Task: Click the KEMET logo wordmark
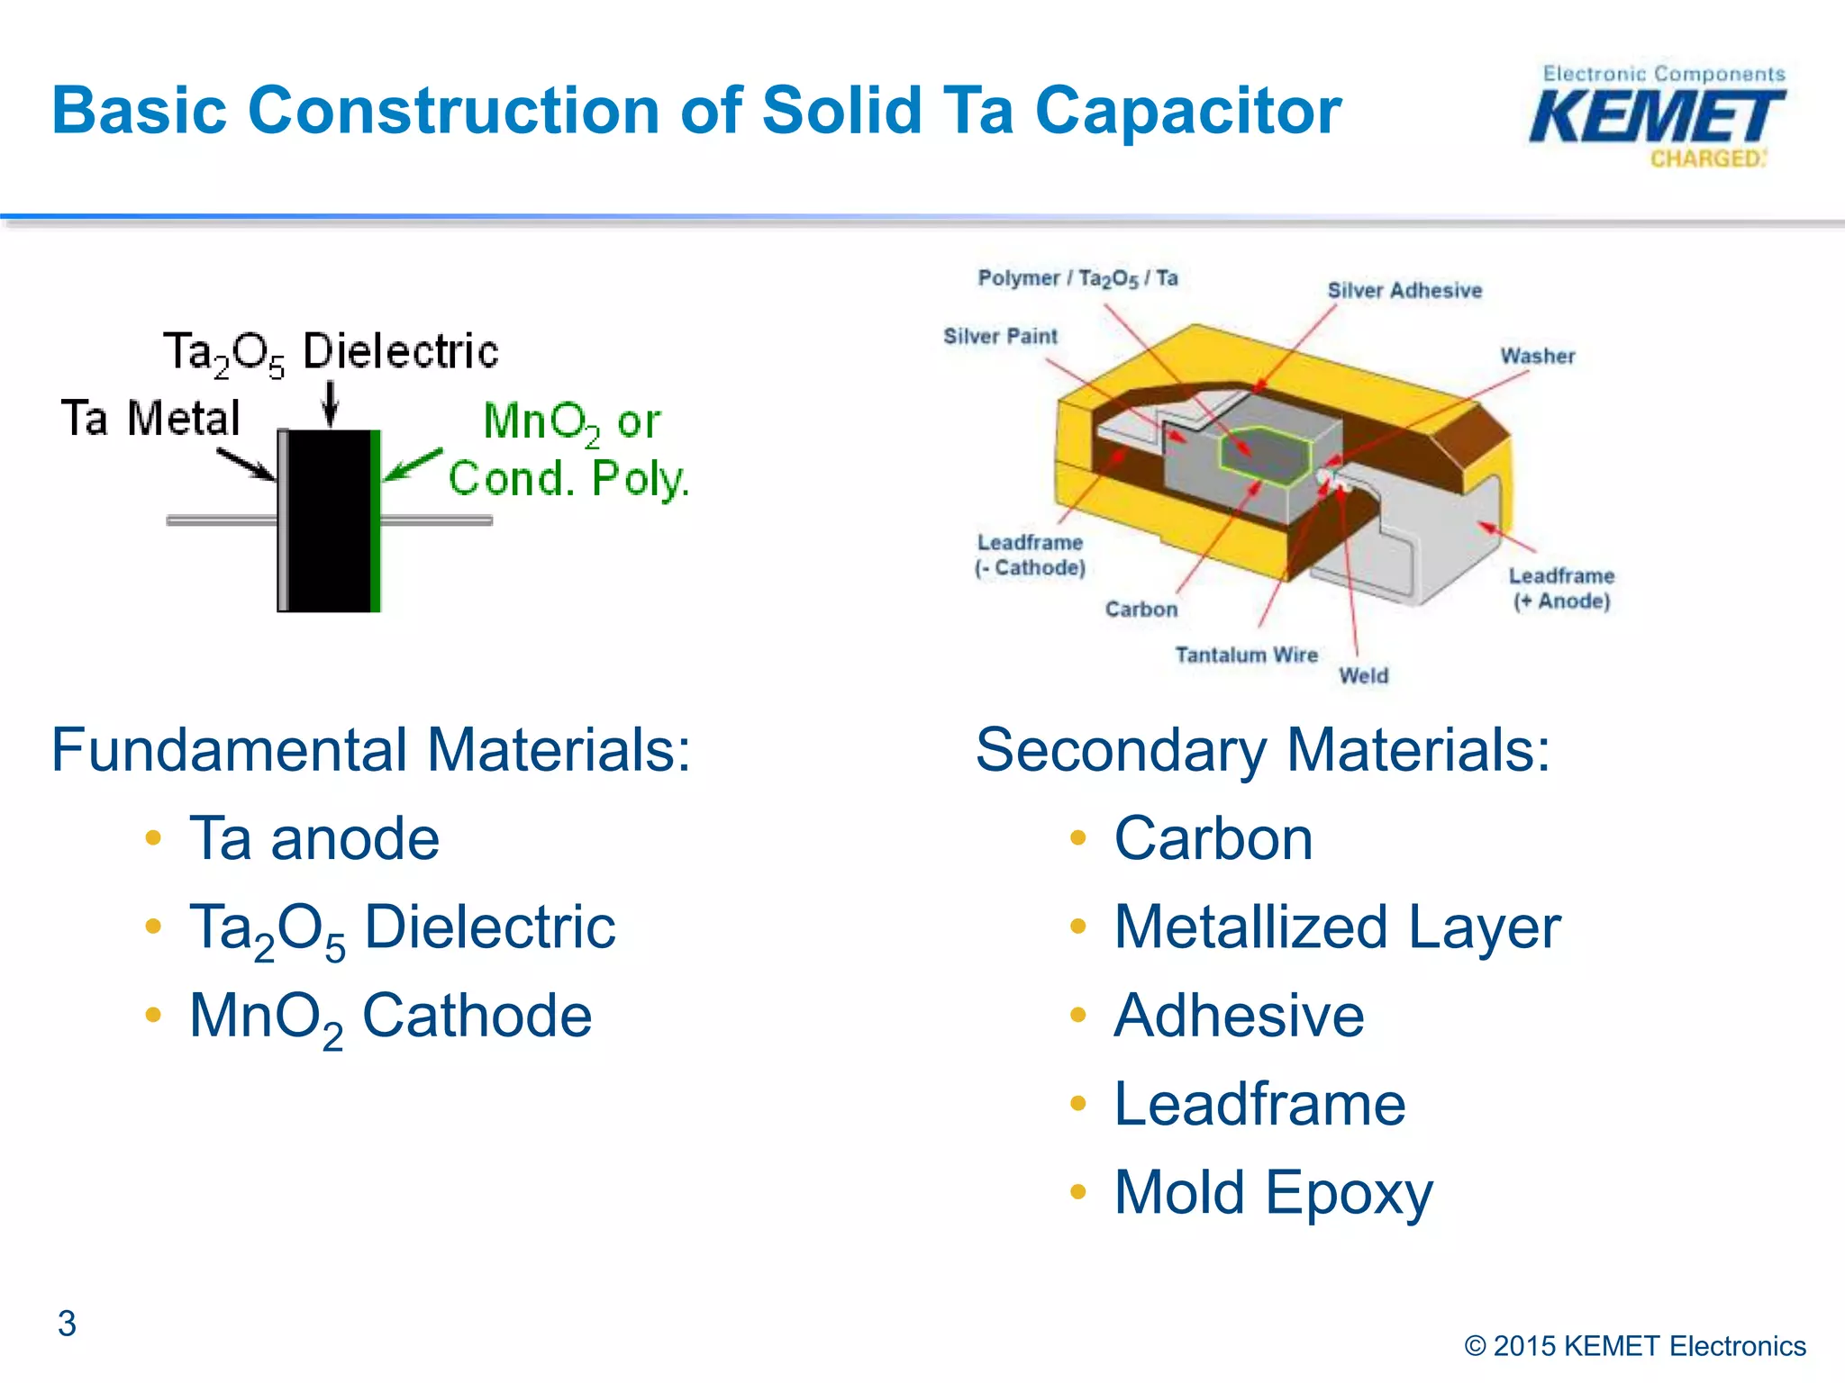(x=1656, y=117)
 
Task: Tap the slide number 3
(x=67, y=1323)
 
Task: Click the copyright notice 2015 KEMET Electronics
(x=1635, y=1345)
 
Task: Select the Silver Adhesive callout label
(x=1404, y=290)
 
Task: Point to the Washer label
(x=1537, y=356)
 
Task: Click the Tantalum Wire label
(x=1246, y=655)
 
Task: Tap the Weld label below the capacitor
(x=1363, y=675)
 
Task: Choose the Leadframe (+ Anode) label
(x=1561, y=588)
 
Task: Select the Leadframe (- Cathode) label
(x=1030, y=555)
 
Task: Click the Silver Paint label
(x=1000, y=336)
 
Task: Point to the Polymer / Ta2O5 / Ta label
(x=1077, y=277)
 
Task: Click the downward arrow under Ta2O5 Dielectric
(x=331, y=402)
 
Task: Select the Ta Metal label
(x=150, y=418)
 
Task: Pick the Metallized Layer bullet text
(x=1337, y=927)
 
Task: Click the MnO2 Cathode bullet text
(x=390, y=1016)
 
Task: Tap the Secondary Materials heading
(x=1262, y=749)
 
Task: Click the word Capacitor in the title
(x=1187, y=110)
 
